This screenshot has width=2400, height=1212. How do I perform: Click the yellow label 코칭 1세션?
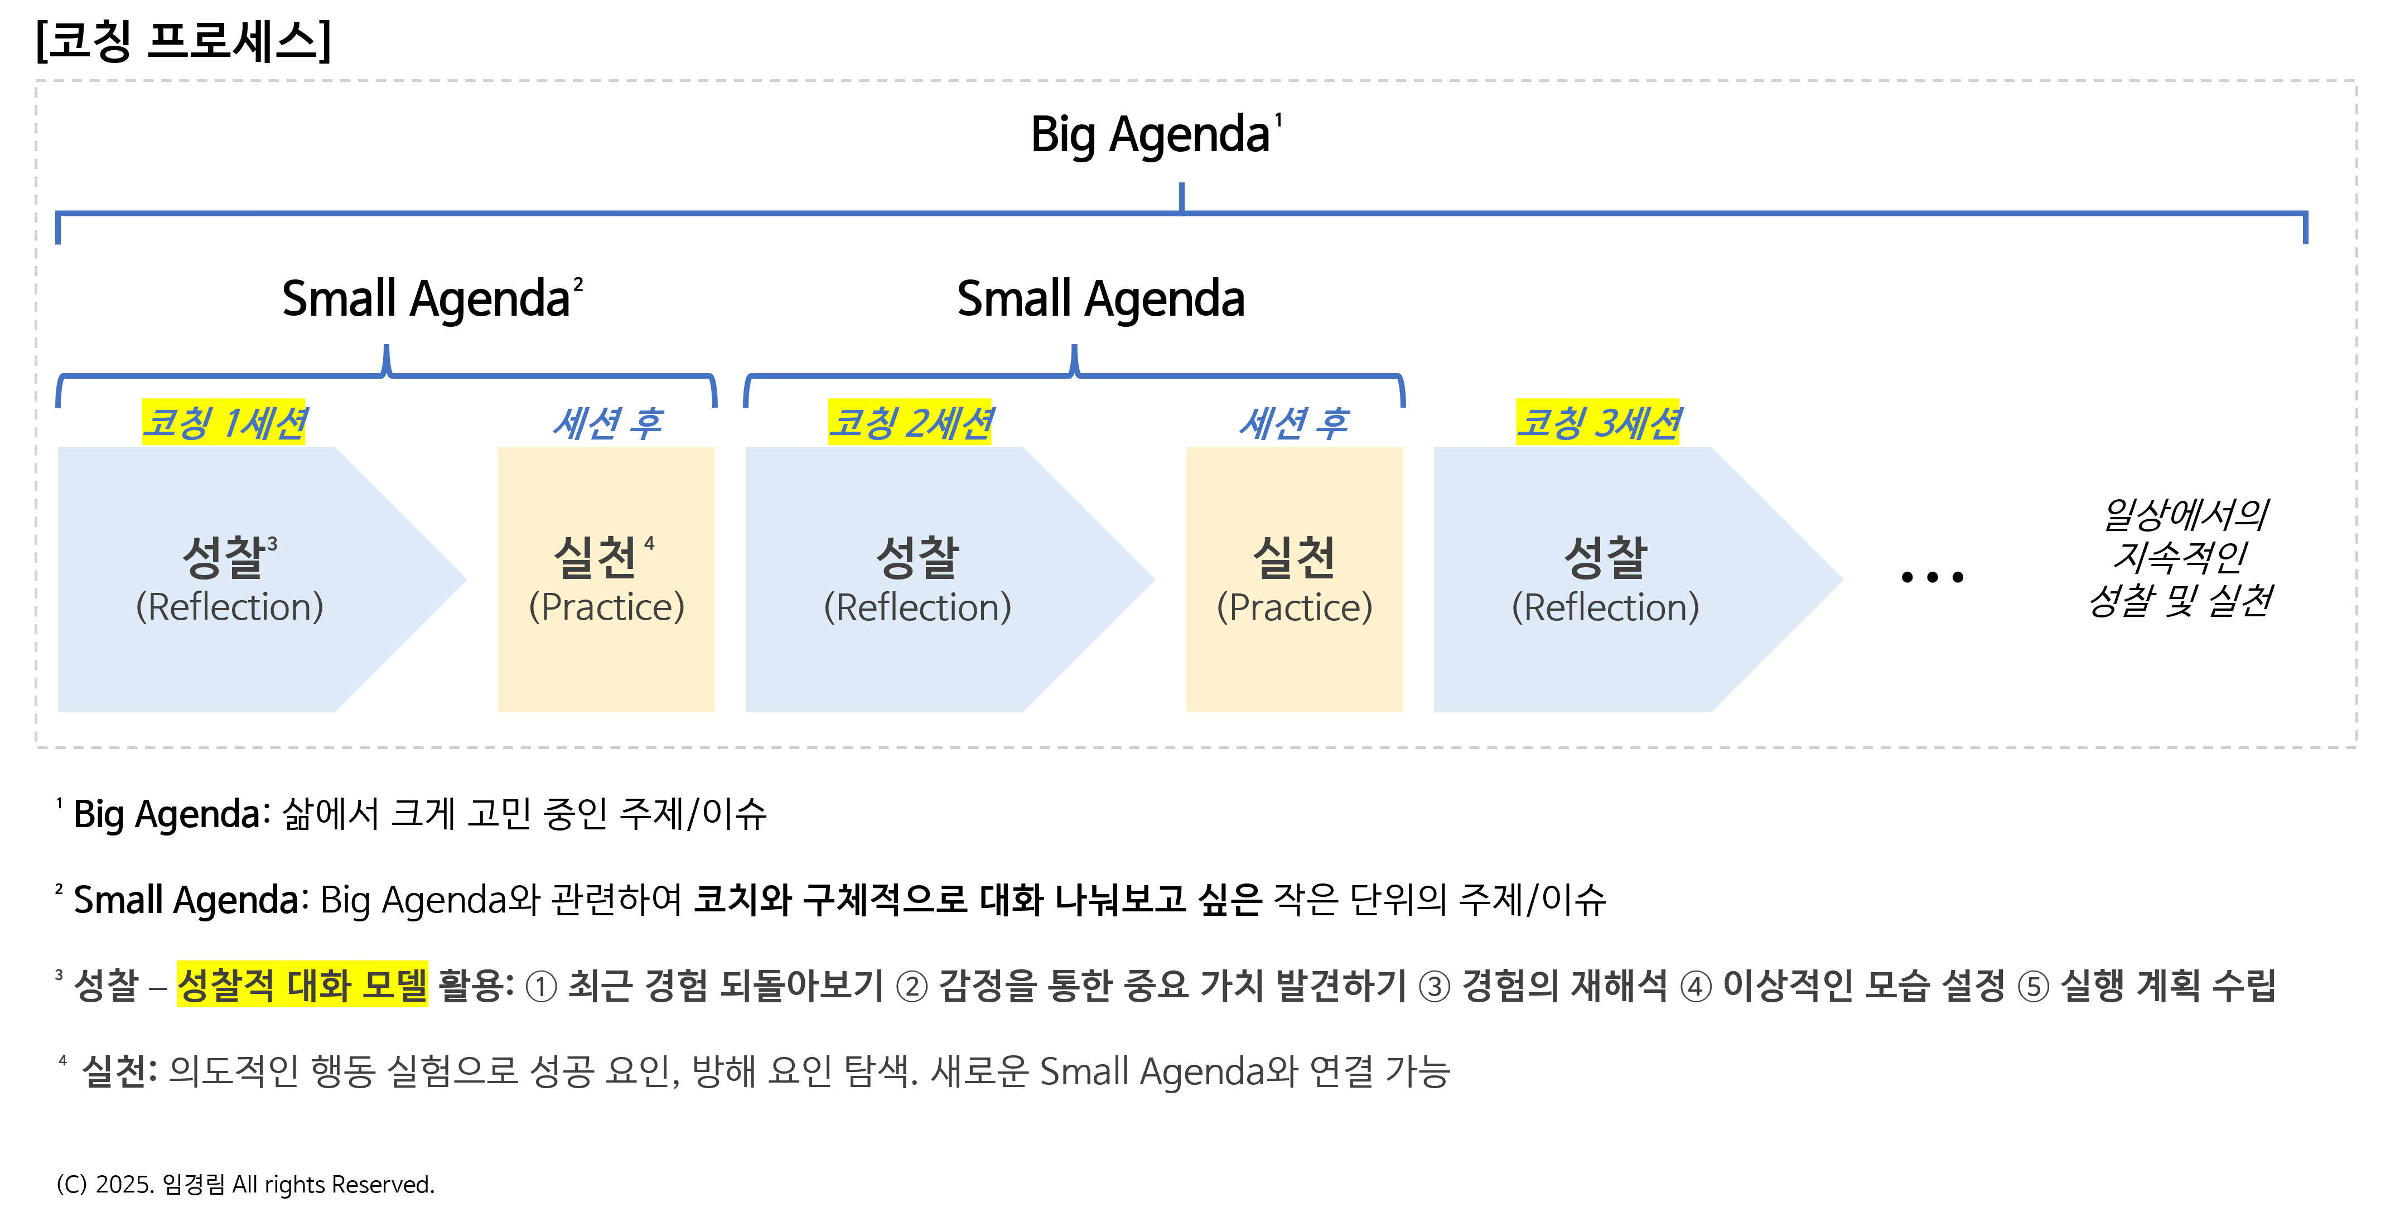[224, 423]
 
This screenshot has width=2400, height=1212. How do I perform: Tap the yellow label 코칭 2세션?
[909, 423]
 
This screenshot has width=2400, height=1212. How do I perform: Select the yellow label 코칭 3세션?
[1597, 423]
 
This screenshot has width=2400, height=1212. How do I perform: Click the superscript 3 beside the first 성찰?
[272, 544]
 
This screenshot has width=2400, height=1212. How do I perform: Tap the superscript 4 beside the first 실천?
[649, 544]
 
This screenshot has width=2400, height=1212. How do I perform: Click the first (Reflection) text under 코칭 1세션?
[229, 607]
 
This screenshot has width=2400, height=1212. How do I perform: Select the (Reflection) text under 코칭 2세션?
[917, 607]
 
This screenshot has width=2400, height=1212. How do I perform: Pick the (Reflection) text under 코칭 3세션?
[1605, 607]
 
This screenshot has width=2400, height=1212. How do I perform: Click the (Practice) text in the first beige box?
[606, 607]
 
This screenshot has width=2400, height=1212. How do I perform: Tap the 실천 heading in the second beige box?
[1294, 557]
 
